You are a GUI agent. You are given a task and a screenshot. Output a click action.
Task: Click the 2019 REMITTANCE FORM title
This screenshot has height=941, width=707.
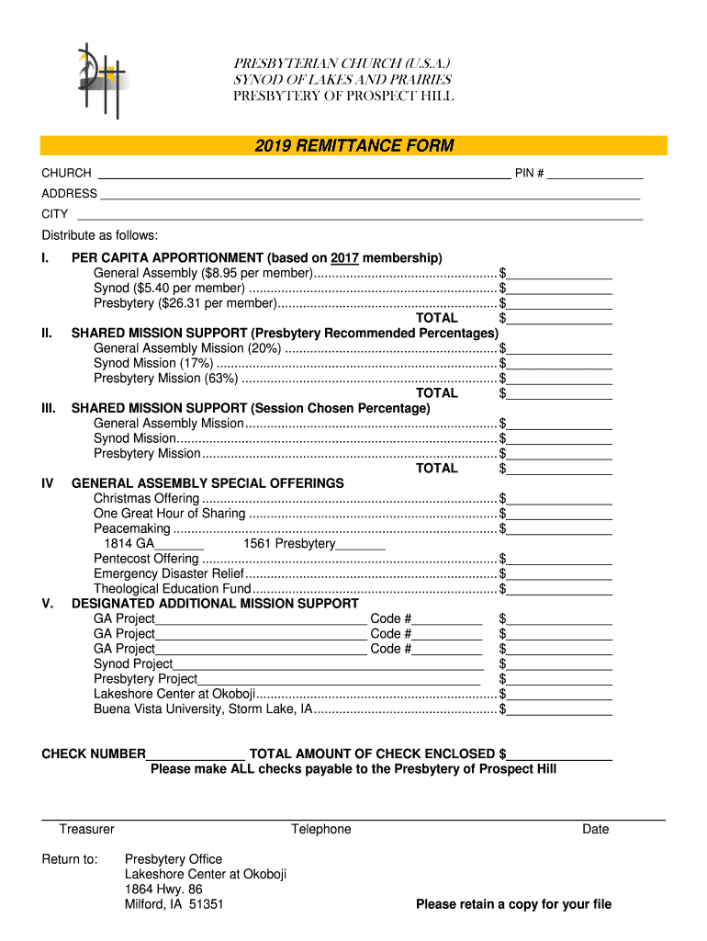click(353, 146)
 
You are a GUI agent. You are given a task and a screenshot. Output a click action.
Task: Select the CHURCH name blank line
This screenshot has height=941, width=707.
click(303, 174)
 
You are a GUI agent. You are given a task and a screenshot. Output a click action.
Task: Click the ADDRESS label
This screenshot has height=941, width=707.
click(69, 194)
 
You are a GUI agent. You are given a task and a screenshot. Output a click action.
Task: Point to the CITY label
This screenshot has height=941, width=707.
click(55, 214)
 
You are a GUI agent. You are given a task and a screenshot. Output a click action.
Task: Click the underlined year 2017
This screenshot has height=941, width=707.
click(344, 257)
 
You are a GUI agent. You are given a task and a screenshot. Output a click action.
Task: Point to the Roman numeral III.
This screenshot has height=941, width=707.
click(50, 408)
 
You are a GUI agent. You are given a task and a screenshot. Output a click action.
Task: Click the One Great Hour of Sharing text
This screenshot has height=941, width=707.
click(169, 514)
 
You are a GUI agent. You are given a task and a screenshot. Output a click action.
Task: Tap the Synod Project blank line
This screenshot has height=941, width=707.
click(328, 664)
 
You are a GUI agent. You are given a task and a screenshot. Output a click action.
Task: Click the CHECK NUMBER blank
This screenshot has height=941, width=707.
click(196, 754)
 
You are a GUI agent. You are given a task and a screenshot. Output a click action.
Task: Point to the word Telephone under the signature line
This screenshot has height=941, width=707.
click(321, 829)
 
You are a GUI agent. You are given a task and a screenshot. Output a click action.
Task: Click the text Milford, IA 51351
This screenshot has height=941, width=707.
click(174, 904)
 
